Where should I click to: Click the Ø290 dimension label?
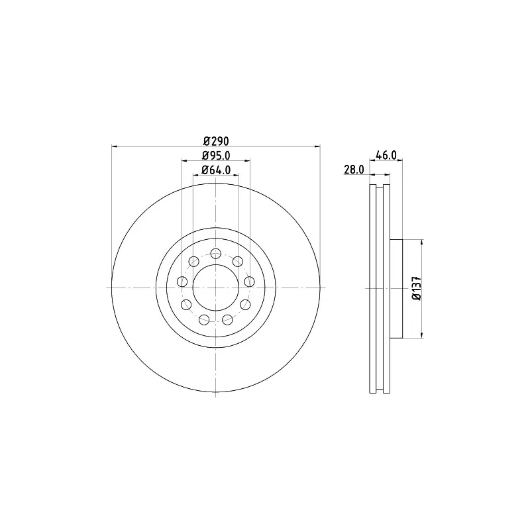tap(216, 140)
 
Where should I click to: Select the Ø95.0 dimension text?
tap(216, 156)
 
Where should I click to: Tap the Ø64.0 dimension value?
tap(216, 170)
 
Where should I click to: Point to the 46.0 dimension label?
tap(386, 155)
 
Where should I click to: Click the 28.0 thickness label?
tap(354, 170)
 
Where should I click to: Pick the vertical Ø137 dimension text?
tap(417, 288)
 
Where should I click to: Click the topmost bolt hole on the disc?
tap(216, 253)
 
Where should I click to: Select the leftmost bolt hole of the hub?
tap(182, 281)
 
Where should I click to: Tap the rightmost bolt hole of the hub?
tap(249, 281)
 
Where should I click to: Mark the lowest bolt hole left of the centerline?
tap(204, 319)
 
